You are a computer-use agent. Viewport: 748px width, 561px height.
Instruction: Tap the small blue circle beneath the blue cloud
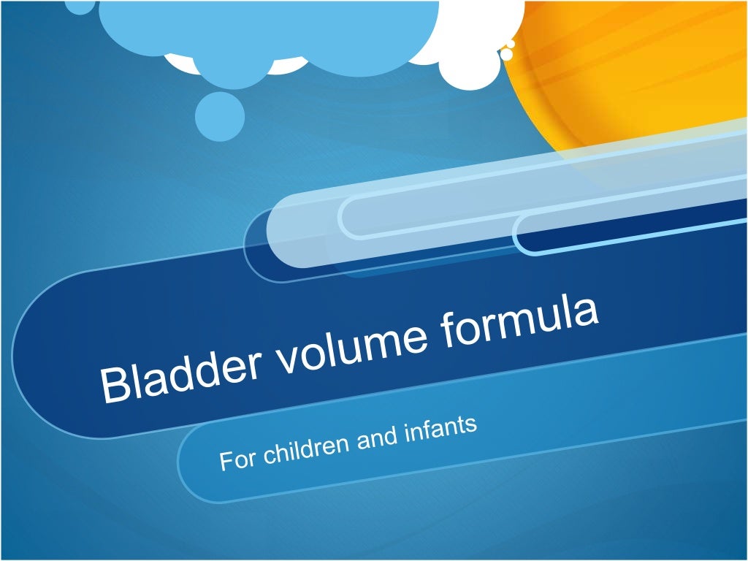click(220, 116)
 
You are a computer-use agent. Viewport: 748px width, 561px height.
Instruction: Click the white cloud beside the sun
click(475, 44)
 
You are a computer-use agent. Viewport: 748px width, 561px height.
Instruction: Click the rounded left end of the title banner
click(44, 351)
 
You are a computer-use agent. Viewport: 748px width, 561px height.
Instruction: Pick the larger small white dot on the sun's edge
click(506, 54)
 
